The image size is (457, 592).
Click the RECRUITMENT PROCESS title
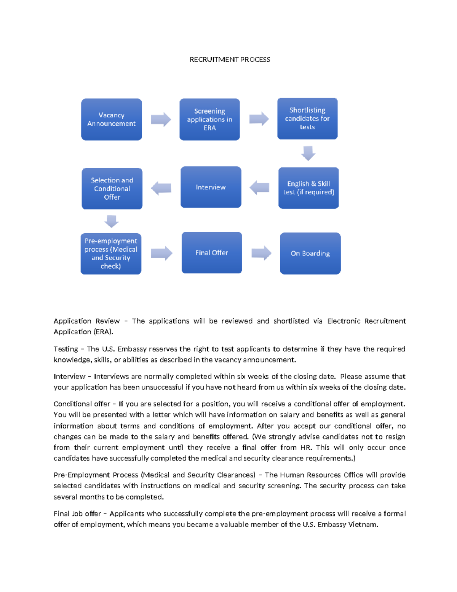coord(230,59)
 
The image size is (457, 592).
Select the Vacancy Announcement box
coord(111,119)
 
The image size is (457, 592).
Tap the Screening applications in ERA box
coord(209,119)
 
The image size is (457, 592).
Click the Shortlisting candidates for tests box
coord(307,119)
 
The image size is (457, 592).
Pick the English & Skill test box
coord(308,188)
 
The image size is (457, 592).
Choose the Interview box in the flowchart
coord(211,187)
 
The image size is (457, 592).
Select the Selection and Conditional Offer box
coord(112,189)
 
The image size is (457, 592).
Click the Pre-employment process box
coord(111,253)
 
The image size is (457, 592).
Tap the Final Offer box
coord(212,253)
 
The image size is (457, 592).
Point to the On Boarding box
coord(310,253)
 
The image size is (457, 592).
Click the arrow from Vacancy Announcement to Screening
coord(161,120)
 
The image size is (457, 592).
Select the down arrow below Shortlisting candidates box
coord(308,153)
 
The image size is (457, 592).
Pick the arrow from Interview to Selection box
coord(161,188)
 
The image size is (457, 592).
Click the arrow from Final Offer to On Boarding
coord(261,253)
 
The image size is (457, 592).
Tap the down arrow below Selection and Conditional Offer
coord(112,221)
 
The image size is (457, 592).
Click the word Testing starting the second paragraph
coord(66,349)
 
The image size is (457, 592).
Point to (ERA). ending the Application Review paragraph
coord(103,332)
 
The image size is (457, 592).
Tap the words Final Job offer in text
coord(77,514)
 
